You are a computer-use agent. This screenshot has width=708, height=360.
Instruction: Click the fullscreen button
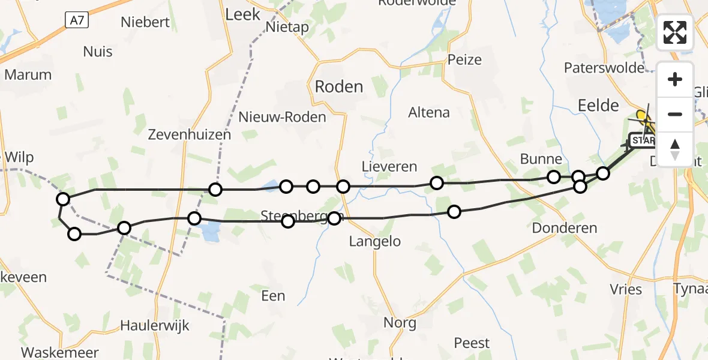coord(675,32)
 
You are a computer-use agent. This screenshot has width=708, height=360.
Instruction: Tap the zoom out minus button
coord(675,114)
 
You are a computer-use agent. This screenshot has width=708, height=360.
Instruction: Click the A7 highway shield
coord(76,20)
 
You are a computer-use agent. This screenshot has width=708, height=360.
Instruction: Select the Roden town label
coord(339,87)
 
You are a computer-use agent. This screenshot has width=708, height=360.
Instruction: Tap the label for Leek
coord(242,14)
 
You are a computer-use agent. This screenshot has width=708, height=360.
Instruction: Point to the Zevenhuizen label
coord(190,134)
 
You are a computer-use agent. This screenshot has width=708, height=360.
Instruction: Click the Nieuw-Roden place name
coord(282,117)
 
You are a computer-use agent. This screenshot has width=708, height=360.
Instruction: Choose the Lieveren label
coord(389,166)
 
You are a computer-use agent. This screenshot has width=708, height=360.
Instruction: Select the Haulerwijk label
coord(155,326)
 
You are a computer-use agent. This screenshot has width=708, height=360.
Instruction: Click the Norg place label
coord(400,323)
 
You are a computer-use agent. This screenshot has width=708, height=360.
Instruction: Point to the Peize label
coord(464,59)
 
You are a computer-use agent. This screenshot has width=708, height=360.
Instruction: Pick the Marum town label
coord(28,75)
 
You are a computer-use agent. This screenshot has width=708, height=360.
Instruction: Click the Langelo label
coord(375,242)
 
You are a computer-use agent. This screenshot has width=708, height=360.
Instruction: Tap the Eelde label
coord(598,106)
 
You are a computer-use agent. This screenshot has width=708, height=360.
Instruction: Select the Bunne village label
coord(541,159)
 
